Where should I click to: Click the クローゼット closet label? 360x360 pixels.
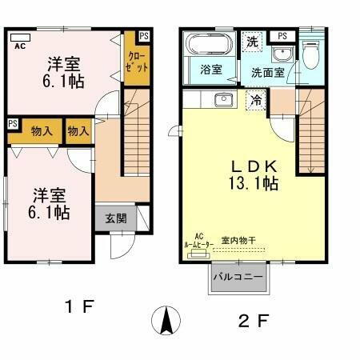coord(137,62)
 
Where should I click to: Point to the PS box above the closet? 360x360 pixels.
coord(143,36)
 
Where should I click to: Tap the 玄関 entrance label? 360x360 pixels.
coord(110,218)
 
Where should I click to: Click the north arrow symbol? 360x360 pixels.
coord(166,321)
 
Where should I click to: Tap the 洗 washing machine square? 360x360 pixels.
coord(252,42)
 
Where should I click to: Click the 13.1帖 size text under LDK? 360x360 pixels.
coord(254,184)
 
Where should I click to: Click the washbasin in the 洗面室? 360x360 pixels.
coord(281,54)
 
